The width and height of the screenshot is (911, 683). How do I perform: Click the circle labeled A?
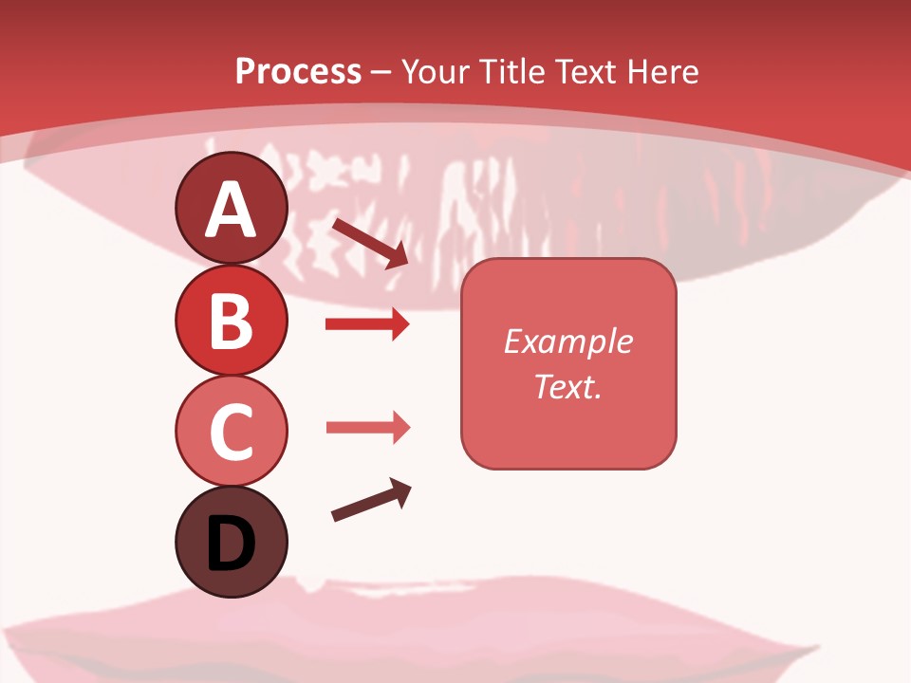tap(231, 209)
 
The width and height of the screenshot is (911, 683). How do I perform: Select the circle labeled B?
tap(231, 321)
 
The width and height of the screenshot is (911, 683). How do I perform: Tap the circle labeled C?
tap(231, 431)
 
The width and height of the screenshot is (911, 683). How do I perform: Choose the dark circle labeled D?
tap(231, 542)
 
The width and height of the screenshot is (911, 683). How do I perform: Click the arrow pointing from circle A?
tap(369, 243)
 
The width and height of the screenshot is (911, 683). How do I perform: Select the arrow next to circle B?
tap(367, 324)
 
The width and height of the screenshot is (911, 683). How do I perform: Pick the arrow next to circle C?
tap(367, 427)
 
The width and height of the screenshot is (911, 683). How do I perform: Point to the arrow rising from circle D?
tap(371, 501)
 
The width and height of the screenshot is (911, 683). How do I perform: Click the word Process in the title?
tap(298, 72)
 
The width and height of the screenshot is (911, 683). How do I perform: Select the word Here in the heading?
tap(661, 72)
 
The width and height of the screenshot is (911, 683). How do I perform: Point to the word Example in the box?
tap(567, 341)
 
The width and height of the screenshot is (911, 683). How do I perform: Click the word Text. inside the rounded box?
tap(567, 386)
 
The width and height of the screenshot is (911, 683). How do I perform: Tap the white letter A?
tap(231, 211)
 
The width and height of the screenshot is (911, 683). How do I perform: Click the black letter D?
tap(231, 545)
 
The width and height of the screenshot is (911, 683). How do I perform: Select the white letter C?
tap(231, 433)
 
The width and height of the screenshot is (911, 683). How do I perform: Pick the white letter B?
tap(231, 322)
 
